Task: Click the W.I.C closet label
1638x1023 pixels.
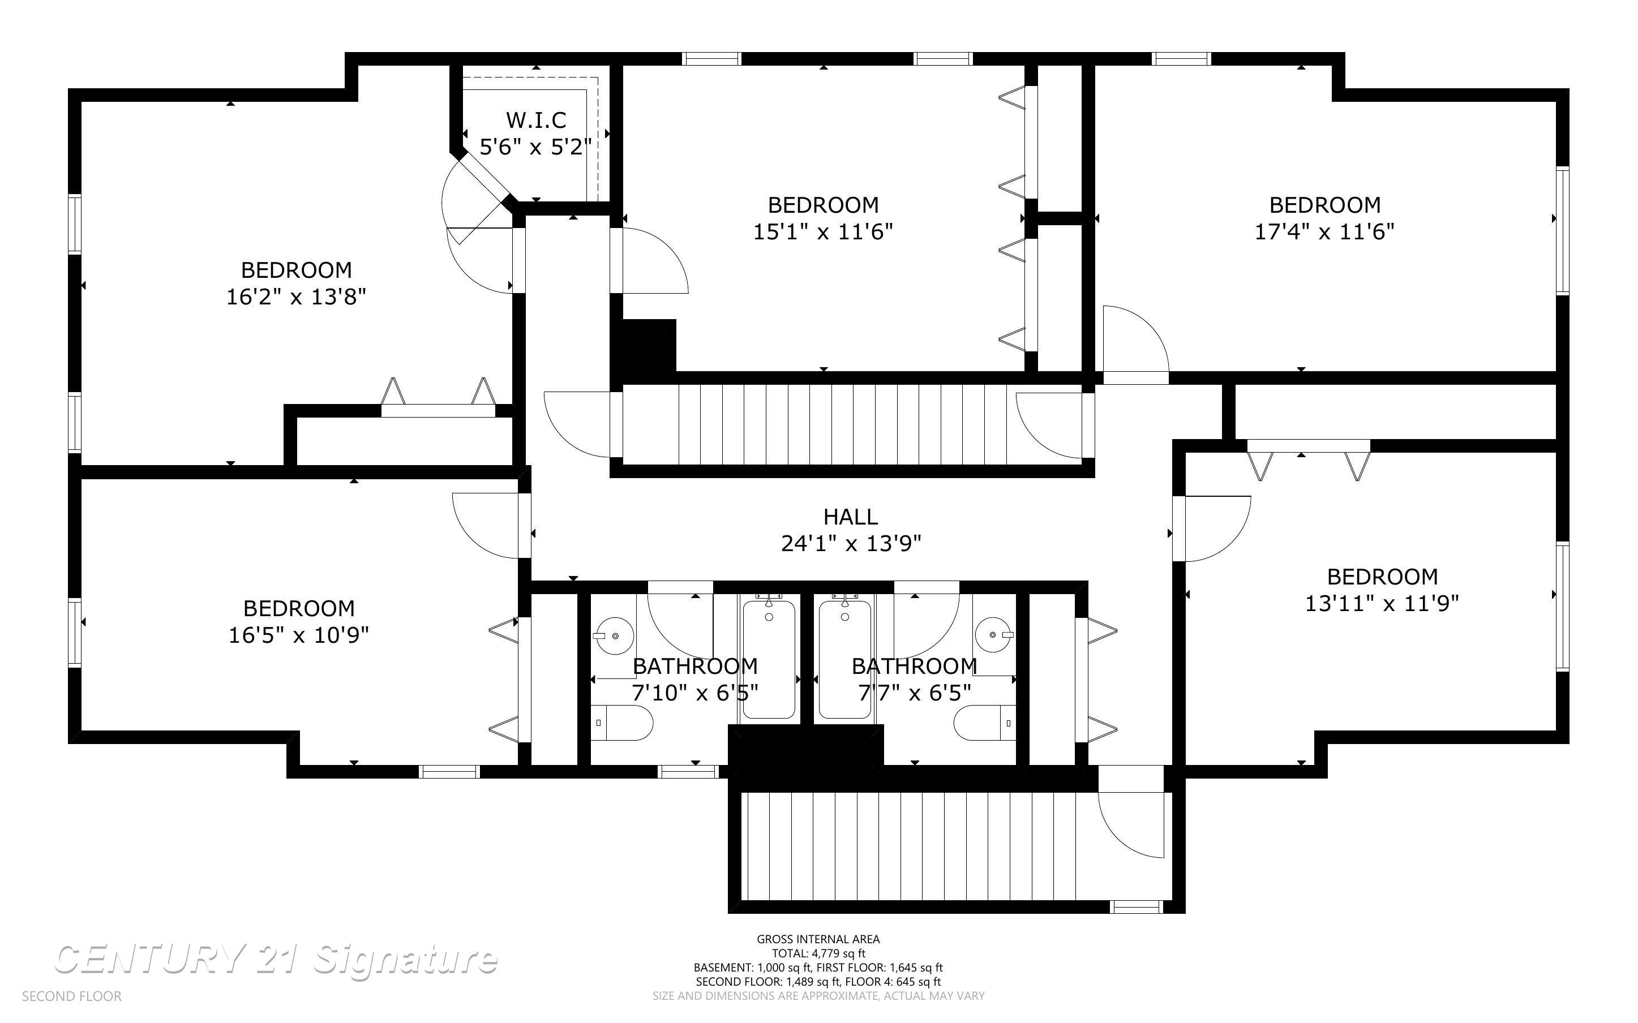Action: tap(536, 120)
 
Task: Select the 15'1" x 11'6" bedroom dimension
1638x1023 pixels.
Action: tap(823, 232)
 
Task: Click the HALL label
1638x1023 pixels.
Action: tap(851, 517)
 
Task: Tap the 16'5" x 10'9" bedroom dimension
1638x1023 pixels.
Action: tap(298, 635)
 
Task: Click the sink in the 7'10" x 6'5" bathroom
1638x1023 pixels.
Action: tap(614, 636)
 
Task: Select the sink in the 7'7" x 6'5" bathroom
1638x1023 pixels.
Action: tap(994, 635)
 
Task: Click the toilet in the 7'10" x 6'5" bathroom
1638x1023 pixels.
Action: tap(623, 723)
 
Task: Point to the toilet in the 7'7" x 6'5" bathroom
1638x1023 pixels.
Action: tap(984, 723)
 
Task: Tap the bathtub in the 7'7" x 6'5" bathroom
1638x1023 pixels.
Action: tap(844, 660)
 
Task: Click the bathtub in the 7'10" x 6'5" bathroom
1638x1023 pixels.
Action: tap(769, 660)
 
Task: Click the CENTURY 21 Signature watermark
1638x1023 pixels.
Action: tap(276, 960)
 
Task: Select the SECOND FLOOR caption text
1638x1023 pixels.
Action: tap(72, 996)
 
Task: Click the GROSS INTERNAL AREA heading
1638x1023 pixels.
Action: tap(818, 939)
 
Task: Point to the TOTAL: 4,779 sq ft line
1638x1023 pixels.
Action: tap(818, 953)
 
